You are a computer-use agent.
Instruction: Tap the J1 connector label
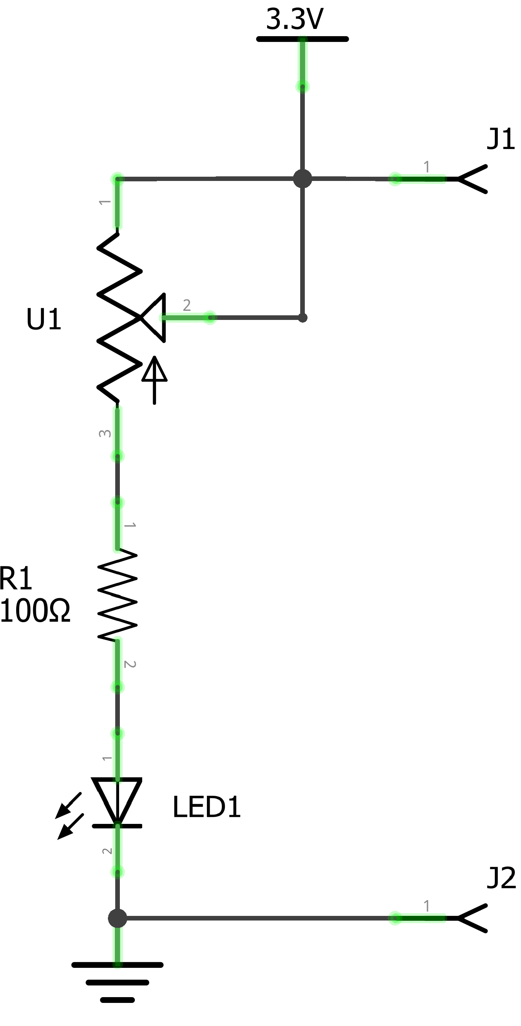501,139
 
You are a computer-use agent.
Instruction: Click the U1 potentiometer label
44,320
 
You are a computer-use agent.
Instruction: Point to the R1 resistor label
16,578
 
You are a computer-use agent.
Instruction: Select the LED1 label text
207,807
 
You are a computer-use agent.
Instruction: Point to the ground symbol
118,982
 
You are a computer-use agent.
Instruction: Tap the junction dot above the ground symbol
118,918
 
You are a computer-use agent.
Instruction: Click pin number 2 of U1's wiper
187,305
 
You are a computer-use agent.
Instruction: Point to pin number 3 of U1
105,433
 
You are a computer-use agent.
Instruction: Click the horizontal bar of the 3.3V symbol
303,39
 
